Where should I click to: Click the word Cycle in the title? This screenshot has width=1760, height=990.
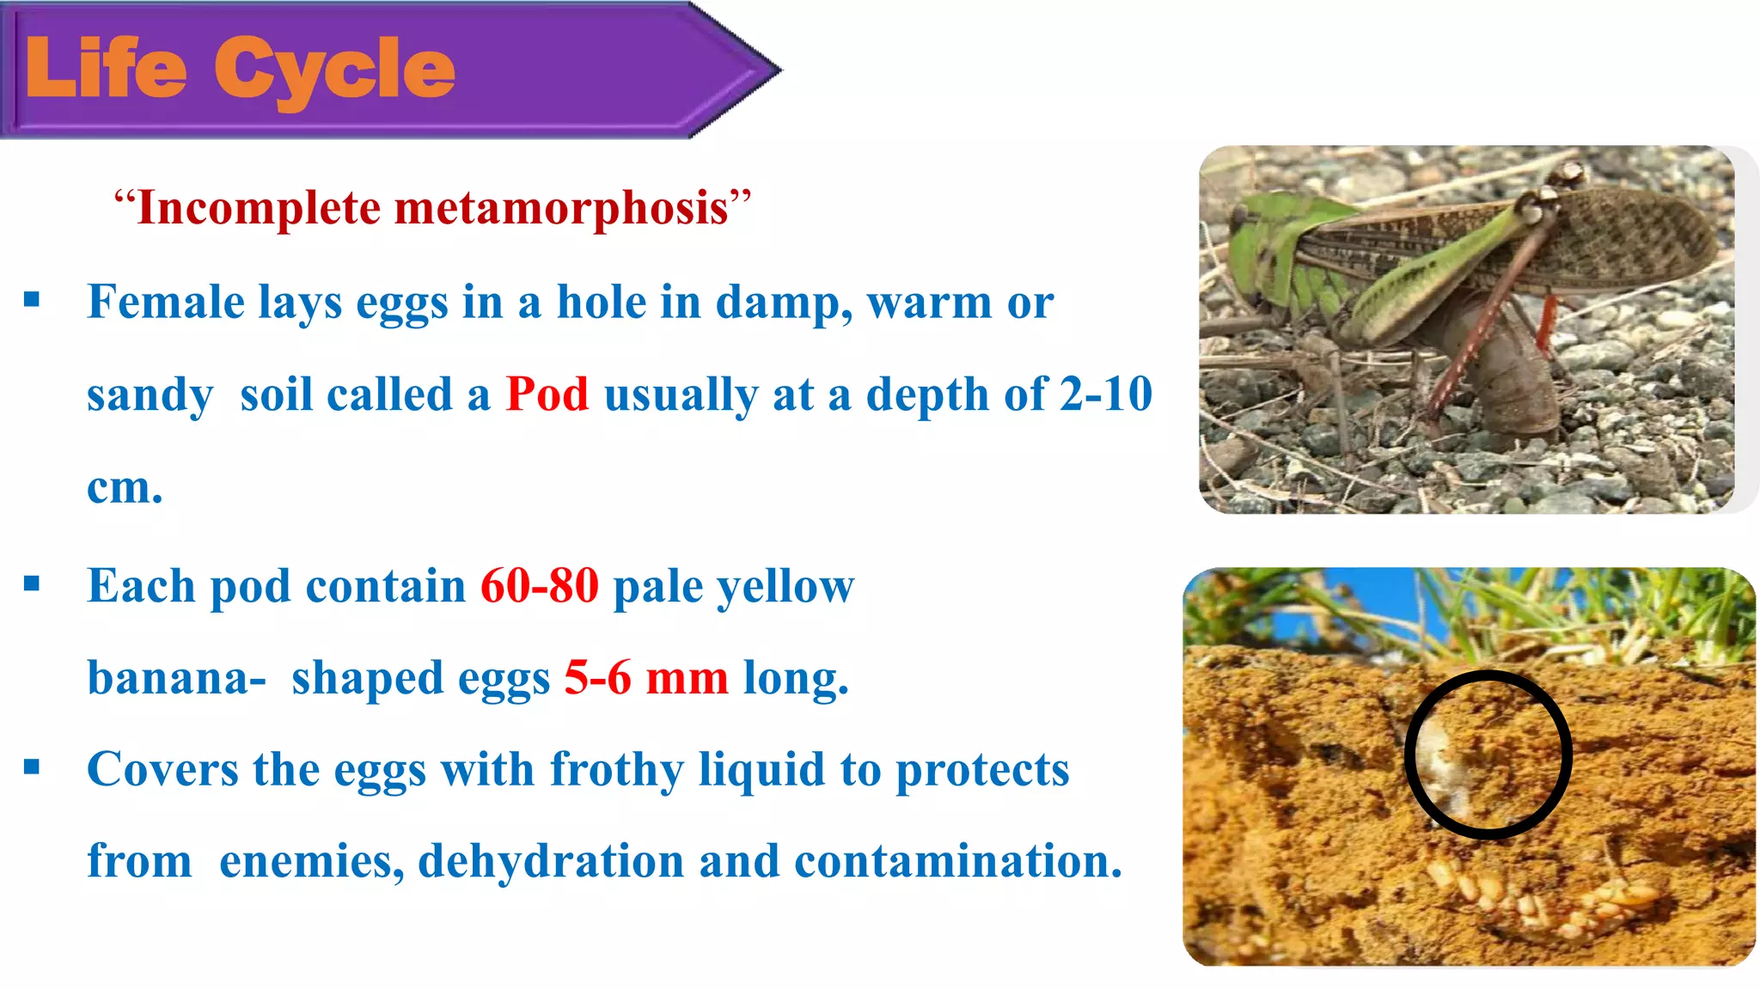(x=334, y=72)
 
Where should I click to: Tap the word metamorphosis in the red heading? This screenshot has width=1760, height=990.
(x=561, y=209)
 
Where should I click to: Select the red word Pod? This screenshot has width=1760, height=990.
(x=547, y=394)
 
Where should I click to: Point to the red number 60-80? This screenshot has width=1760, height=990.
(x=539, y=586)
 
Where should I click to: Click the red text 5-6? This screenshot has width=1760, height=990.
(x=597, y=678)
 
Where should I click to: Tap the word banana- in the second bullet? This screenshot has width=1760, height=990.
(x=176, y=678)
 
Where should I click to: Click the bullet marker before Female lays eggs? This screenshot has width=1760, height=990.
(x=33, y=300)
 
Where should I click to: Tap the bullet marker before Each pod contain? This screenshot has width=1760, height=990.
(x=33, y=584)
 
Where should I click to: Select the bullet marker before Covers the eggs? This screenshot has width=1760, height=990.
(x=33, y=767)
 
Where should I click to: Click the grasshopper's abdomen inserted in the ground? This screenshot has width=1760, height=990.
(x=1512, y=387)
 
